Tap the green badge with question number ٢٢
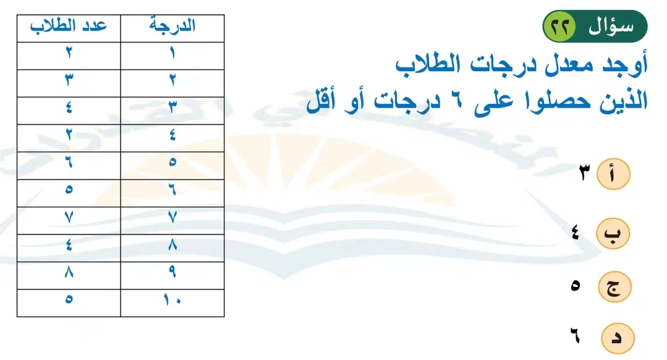pyautogui.click(x=560, y=27)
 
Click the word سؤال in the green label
pyautogui.click(x=611, y=27)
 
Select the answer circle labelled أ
pyautogui.click(x=613, y=174)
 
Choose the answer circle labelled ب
pyautogui.click(x=613, y=233)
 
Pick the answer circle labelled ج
pyautogui.click(x=614, y=286)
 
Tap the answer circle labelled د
pyautogui.click(x=618, y=338)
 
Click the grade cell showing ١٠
pyautogui.click(x=172, y=303)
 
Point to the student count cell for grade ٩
pyautogui.click(x=69, y=275)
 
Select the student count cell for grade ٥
pyautogui.click(x=69, y=166)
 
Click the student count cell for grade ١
pyautogui.click(x=69, y=56)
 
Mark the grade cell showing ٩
pyautogui.click(x=172, y=275)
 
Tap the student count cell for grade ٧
pyautogui.click(x=69, y=220)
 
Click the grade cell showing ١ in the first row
pyautogui.click(x=172, y=56)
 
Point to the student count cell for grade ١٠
pyautogui.click(x=69, y=303)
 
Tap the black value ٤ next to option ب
pyautogui.click(x=575, y=233)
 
